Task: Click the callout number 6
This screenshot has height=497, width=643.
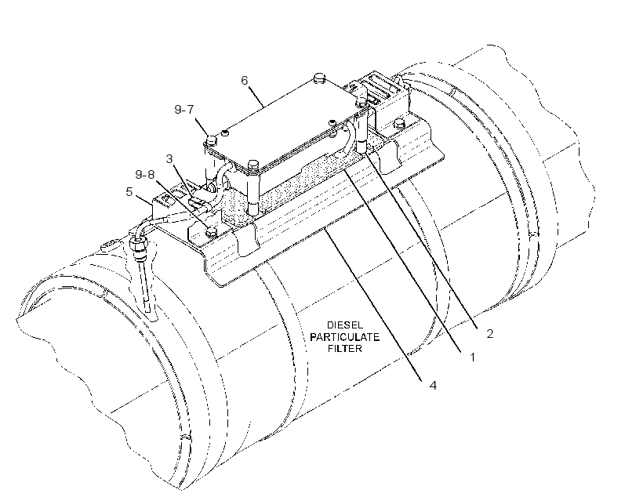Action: click(x=245, y=81)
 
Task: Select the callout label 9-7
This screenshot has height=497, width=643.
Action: click(x=184, y=110)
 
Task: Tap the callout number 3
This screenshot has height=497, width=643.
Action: click(x=169, y=158)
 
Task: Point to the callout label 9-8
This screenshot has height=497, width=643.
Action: click(x=145, y=175)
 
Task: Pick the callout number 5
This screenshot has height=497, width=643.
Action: click(x=129, y=191)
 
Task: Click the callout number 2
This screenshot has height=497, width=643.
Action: click(x=489, y=334)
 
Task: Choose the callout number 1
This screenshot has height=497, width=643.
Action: click(x=472, y=357)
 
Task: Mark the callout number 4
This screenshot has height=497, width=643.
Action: click(x=433, y=386)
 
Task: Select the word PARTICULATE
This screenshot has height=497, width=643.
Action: click(x=344, y=337)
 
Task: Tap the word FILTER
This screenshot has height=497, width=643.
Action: click(x=345, y=349)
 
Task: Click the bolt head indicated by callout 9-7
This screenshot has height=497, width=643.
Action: click(x=212, y=140)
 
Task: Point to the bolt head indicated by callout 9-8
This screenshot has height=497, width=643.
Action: click(x=212, y=232)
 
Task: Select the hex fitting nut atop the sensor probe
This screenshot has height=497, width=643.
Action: click(x=139, y=245)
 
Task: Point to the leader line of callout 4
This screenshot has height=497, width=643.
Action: click(x=373, y=303)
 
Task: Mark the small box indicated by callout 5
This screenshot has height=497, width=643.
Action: click(x=165, y=201)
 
